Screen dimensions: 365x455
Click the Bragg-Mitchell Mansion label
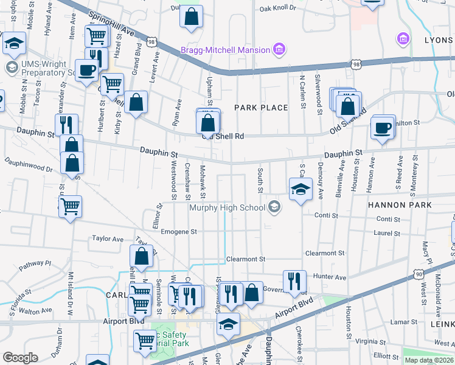click(x=225, y=50)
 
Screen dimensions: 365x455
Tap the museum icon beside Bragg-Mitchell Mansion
click(x=279, y=49)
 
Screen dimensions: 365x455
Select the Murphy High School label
click(x=227, y=207)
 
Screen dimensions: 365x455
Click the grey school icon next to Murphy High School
click(x=274, y=207)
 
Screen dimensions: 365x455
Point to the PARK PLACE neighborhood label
click(x=262, y=108)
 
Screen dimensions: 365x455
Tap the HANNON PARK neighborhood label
click(x=400, y=205)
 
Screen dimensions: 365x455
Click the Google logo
click(x=20, y=358)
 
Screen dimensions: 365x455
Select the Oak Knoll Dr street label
click(x=277, y=9)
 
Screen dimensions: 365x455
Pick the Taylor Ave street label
click(x=108, y=239)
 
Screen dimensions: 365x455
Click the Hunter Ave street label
click(x=329, y=277)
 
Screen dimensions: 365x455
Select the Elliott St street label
click(x=386, y=356)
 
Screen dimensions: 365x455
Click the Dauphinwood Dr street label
click(x=29, y=165)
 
